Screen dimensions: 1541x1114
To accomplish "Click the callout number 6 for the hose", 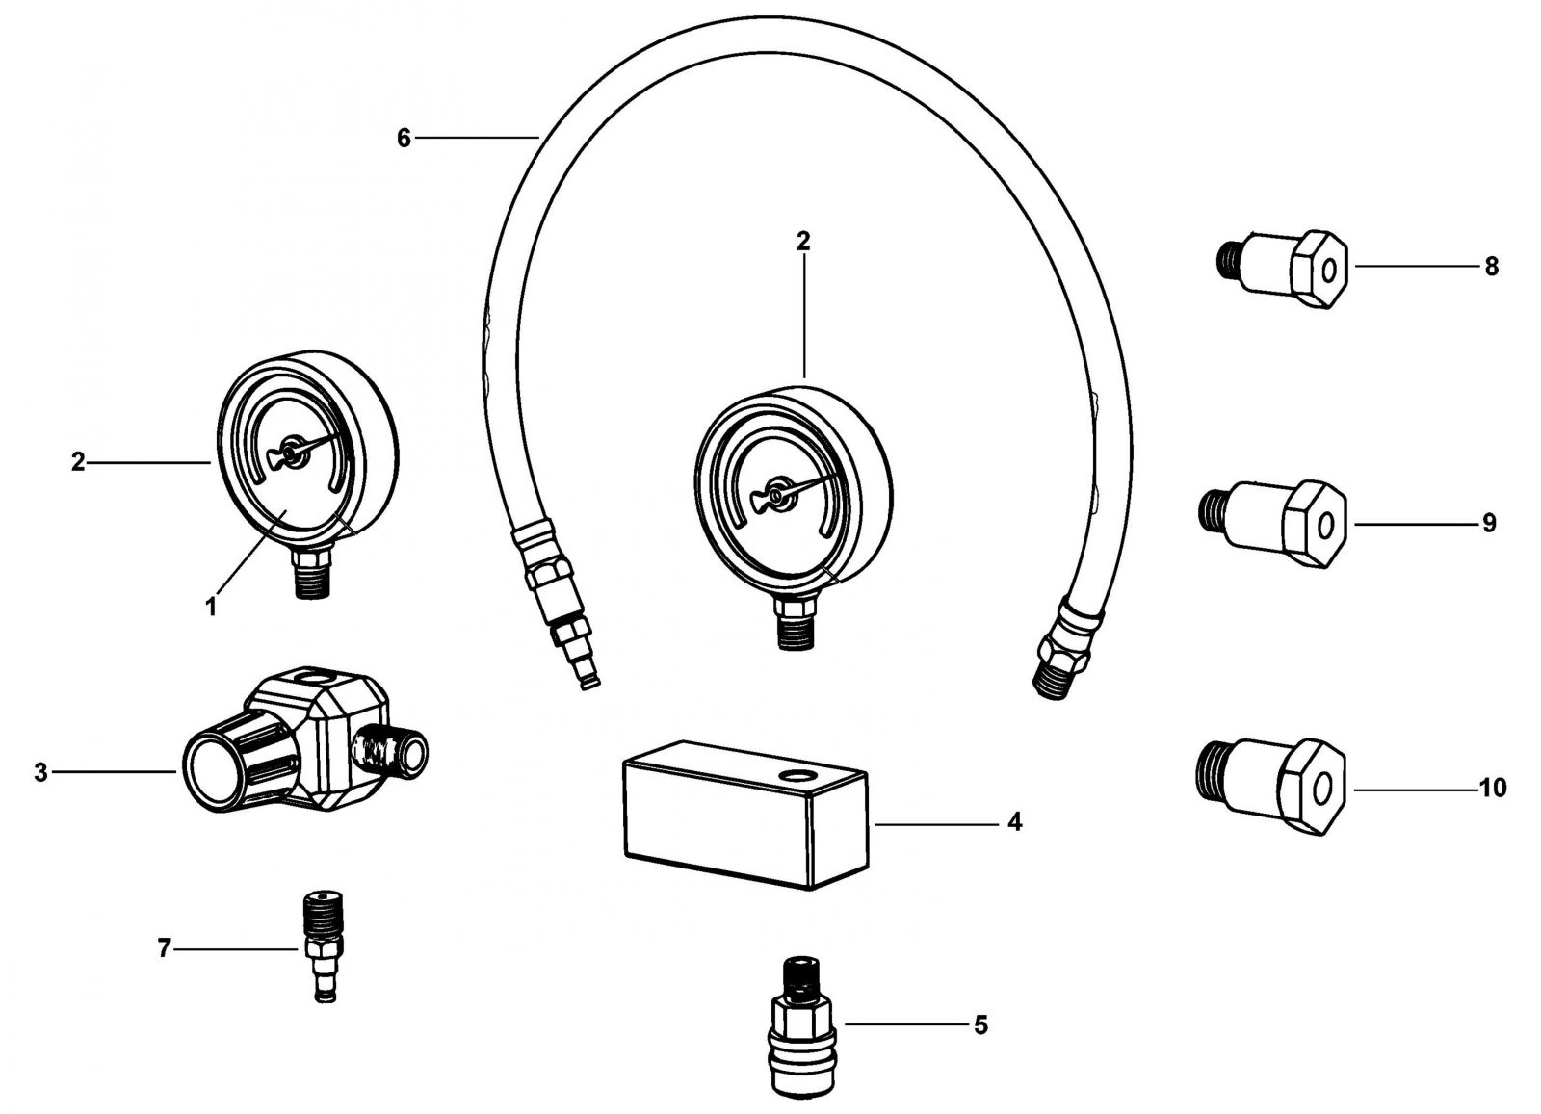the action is (x=404, y=139).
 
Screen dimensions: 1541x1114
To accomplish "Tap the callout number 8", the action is (x=1492, y=266).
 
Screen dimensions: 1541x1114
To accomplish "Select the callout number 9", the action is (x=1489, y=524).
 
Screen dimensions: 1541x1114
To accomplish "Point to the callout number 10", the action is (x=1493, y=788).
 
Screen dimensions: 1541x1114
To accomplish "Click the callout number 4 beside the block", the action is (x=1015, y=821).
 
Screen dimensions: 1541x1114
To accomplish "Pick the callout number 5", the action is (x=981, y=1025).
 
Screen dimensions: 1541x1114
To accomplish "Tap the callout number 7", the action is (x=164, y=949).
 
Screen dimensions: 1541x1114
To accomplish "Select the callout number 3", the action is (x=41, y=772).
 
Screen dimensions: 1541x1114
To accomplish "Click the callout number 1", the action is (x=211, y=607).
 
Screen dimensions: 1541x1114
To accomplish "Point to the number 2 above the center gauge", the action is (x=803, y=242).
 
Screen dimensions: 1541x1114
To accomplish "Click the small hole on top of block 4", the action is (x=798, y=776).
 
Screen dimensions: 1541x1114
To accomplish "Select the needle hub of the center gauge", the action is (x=776, y=495).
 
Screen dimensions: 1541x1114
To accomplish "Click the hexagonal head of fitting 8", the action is (x=1319, y=269).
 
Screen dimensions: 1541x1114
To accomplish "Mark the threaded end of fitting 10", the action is (x=1210, y=770).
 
